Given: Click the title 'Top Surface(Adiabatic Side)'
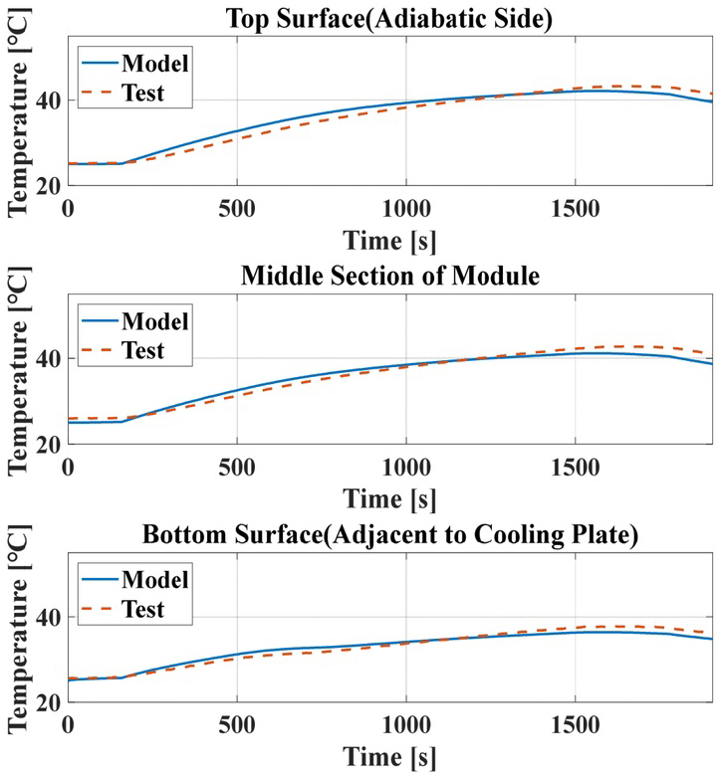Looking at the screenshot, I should click(390, 18).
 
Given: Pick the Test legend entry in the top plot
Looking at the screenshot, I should click(144, 94).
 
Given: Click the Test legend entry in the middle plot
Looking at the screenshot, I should click(144, 350).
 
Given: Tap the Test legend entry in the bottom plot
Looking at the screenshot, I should click(144, 608).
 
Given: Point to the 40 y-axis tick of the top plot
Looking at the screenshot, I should click(49, 101).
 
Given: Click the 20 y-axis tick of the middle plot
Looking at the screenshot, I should click(49, 445).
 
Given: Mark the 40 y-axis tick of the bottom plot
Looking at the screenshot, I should click(49, 617).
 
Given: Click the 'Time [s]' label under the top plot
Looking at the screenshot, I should click(390, 240).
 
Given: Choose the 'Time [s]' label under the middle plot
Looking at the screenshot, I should click(390, 497).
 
